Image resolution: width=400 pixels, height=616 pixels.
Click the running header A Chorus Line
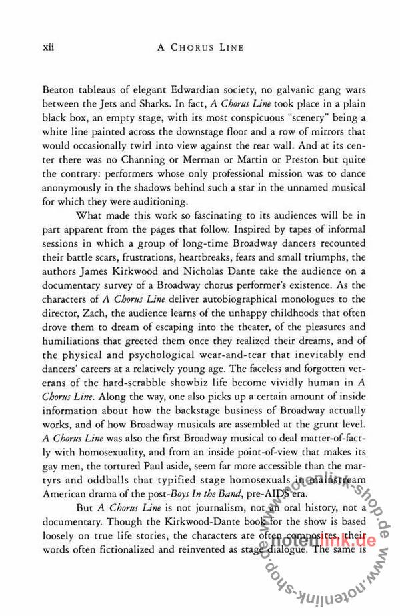(x=200, y=48)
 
